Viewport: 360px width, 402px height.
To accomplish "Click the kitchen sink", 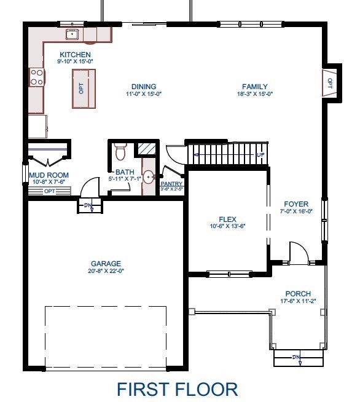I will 72,34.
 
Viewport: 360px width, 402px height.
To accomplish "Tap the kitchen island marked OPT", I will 84,89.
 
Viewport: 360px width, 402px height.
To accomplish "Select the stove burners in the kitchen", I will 37,77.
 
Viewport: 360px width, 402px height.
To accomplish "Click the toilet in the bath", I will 120,151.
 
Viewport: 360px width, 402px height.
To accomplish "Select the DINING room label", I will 144,87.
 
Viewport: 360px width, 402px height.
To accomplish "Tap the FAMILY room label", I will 255,87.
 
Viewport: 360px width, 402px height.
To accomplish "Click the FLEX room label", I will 227,219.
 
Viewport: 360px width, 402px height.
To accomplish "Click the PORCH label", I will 298,294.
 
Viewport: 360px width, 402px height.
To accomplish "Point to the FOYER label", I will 295,203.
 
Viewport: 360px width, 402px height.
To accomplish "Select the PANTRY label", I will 171,184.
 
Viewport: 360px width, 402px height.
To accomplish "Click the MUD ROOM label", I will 49,175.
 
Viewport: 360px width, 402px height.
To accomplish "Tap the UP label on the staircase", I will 260,154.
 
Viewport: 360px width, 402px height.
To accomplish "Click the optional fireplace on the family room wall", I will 329,82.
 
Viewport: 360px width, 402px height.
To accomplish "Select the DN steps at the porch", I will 298,358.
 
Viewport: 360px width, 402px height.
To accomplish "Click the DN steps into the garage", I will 87,207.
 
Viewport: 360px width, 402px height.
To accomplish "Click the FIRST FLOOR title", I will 177,389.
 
